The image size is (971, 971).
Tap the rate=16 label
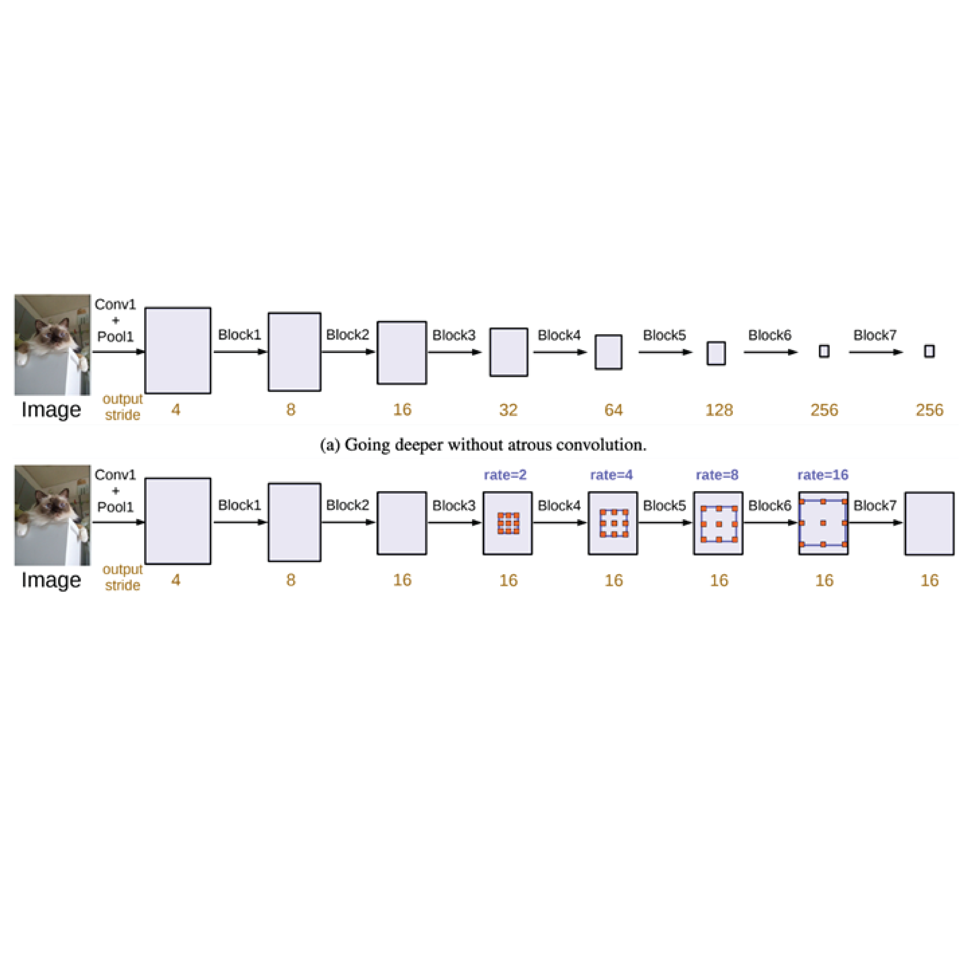coord(823,475)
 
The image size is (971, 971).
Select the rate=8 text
coord(717,475)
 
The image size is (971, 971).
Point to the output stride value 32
coord(508,410)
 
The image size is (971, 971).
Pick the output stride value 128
coord(719,410)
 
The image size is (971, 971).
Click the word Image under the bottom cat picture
coord(51,580)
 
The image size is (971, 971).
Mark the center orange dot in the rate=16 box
coord(823,523)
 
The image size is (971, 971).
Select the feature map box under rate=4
coord(613,523)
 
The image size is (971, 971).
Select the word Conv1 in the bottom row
coord(115,475)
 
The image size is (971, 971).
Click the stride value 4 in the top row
coord(175,410)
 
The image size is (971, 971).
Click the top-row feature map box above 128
coord(716,353)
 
